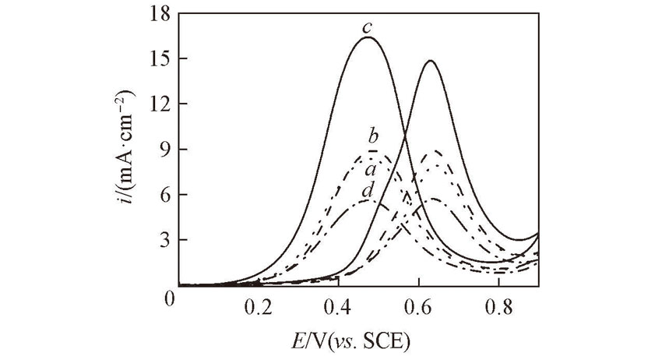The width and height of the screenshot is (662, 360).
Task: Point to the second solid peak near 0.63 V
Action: [430, 61]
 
